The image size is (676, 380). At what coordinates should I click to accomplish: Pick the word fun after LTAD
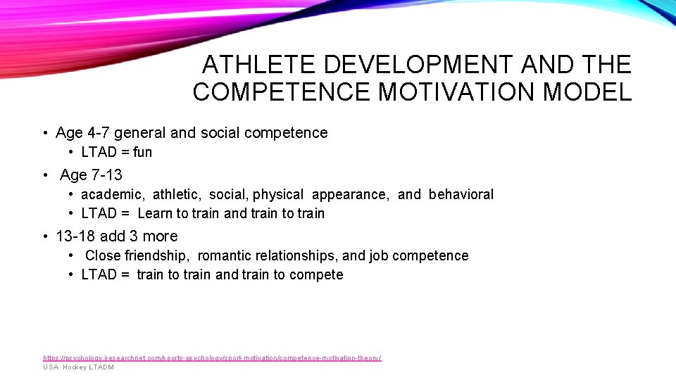click(x=142, y=152)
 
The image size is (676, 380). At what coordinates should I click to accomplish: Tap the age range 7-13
click(x=106, y=175)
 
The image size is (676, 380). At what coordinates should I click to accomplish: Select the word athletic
click(x=177, y=194)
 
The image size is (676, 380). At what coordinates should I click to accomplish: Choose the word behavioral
click(x=461, y=194)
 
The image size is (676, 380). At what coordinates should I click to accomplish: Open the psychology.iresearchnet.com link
click(x=212, y=358)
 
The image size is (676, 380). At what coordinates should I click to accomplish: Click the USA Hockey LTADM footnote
click(x=78, y=367)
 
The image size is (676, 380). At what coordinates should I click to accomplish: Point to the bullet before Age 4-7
click(x=44, y=133)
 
